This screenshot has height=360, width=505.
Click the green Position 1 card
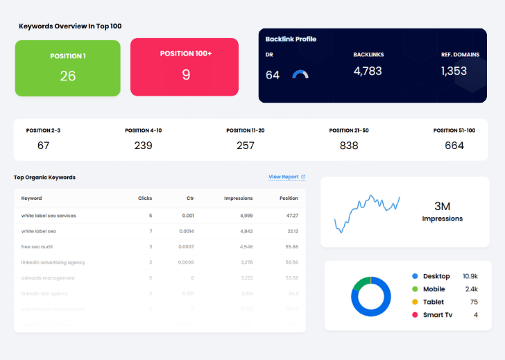(x=67, y=68)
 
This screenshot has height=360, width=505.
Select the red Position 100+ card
(x=185, y=67)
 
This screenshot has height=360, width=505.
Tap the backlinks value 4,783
(x=368, y=71)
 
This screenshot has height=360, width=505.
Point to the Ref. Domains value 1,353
(x=454, y=71)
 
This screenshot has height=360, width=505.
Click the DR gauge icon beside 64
(x=300, y=74)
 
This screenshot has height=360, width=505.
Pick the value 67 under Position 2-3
(x=44, y=145)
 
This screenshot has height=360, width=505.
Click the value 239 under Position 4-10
(x=143, y=145)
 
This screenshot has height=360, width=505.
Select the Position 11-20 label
(x=245, y=130)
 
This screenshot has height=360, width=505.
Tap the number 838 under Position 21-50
(x=349, y=145)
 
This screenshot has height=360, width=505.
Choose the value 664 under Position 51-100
(x=454, y=145)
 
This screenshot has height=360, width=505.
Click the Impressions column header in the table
(x=238, y=198)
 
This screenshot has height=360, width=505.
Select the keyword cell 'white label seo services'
(x=49, y=216)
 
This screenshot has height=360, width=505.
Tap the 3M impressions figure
(x=442, y=206)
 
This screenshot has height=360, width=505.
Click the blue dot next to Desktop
(x=415, y=276)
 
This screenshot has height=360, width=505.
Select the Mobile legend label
(x=434, y=289)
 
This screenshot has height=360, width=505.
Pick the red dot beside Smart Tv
(x=415, y=315)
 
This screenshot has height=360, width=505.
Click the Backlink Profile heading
(x=291, y=39)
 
